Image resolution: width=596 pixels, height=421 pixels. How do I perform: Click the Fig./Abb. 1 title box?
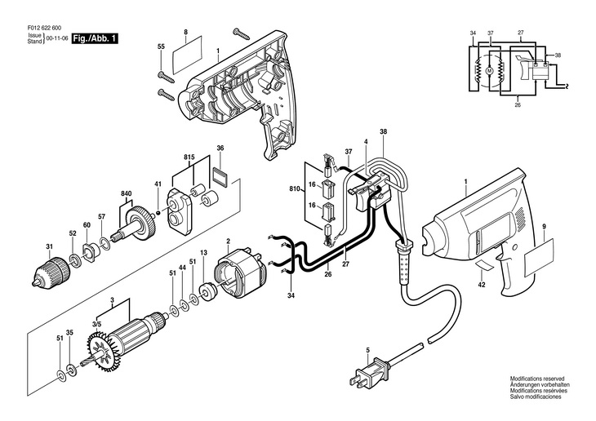point(93,38)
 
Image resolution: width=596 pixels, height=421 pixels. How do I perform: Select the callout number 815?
point(189,155)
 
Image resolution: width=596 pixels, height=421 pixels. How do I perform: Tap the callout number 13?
point(203,253)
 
